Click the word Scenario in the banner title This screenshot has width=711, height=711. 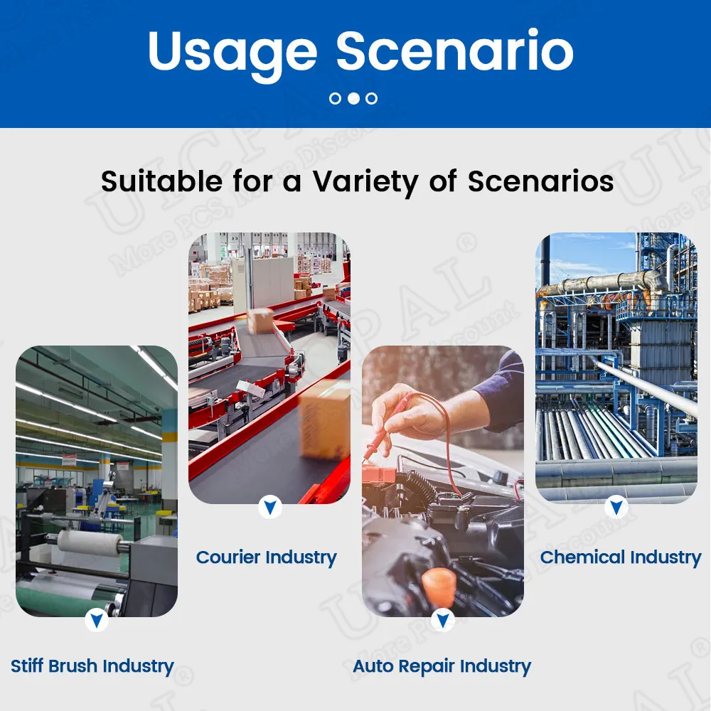(455, 50)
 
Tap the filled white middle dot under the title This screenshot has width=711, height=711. (353, 98)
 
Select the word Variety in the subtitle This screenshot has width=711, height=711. (365, 183)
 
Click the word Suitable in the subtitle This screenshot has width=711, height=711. (161, 181)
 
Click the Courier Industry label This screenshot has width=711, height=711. (266, 557)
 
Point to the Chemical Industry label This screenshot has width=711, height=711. (620, 557)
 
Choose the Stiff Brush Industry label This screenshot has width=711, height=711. (92, 667)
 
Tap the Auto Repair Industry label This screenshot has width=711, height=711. (442, 667)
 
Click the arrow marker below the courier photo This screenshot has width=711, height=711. (270, 507)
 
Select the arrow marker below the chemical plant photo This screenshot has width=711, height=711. (616, 507)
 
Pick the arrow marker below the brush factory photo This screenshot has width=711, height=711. (97, 620)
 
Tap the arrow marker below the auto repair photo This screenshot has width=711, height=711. (443, 620)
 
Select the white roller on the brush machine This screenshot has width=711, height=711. (90, 542)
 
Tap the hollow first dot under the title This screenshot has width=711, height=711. (335, 98)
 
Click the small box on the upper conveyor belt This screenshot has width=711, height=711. (260, 321)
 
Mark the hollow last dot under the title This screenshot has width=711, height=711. (371, 98)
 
